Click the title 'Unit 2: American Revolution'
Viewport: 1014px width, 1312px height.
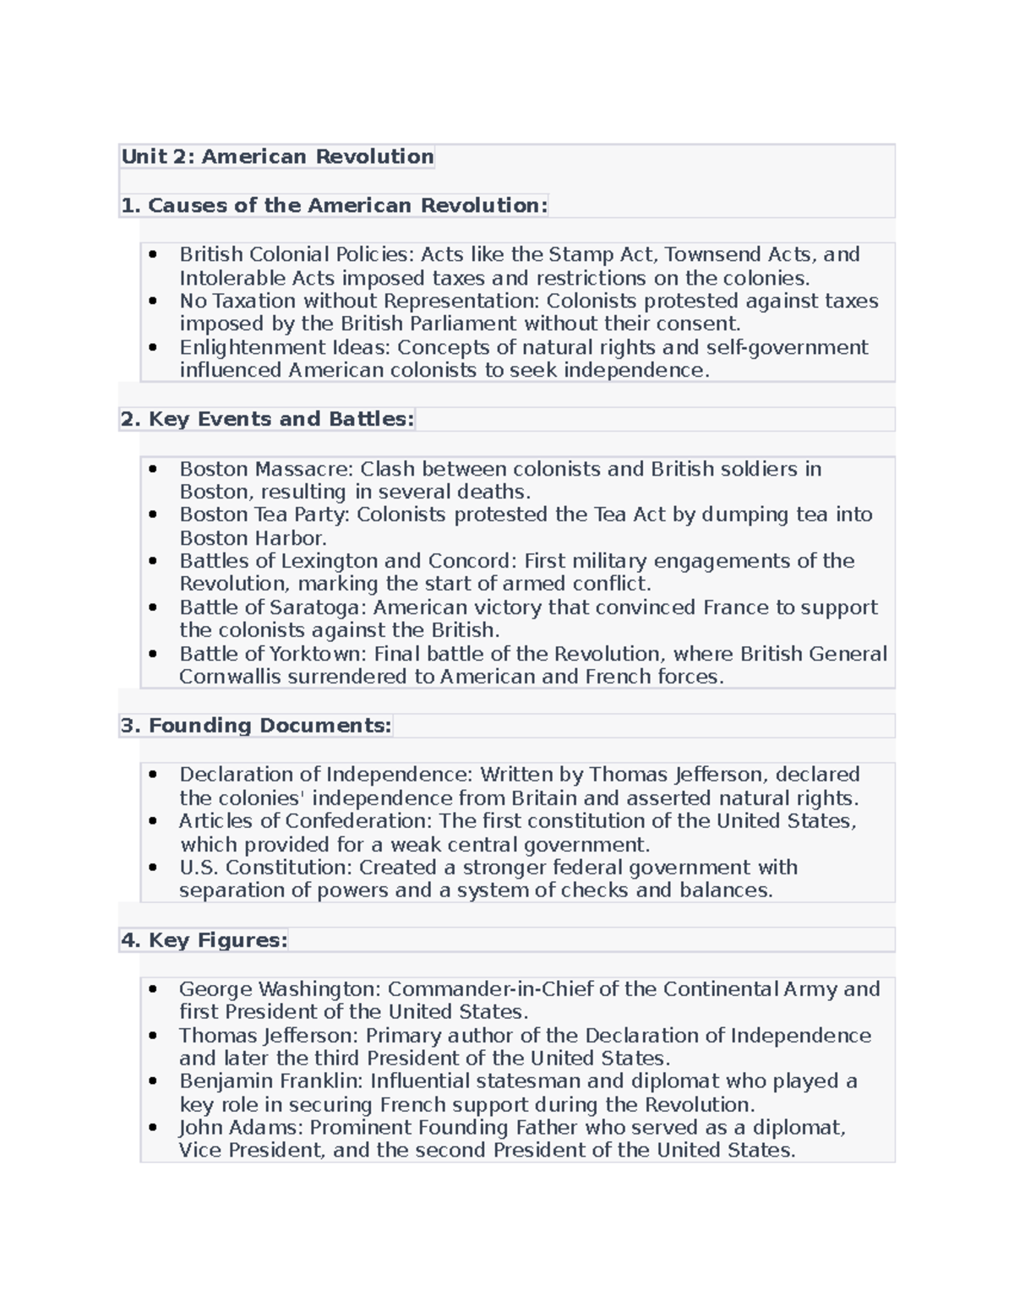(277, 156)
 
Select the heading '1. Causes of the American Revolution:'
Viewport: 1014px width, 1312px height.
(335, 205)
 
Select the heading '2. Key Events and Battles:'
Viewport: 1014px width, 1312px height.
(267, 419)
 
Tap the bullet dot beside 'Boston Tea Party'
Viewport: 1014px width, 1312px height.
(153, 515)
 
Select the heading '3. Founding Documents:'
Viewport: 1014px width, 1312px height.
(256, 726)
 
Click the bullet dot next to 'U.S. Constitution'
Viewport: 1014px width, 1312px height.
(153, 868)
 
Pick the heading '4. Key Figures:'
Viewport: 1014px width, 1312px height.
(204, 940)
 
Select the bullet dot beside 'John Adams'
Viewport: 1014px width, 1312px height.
(153, 1128)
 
